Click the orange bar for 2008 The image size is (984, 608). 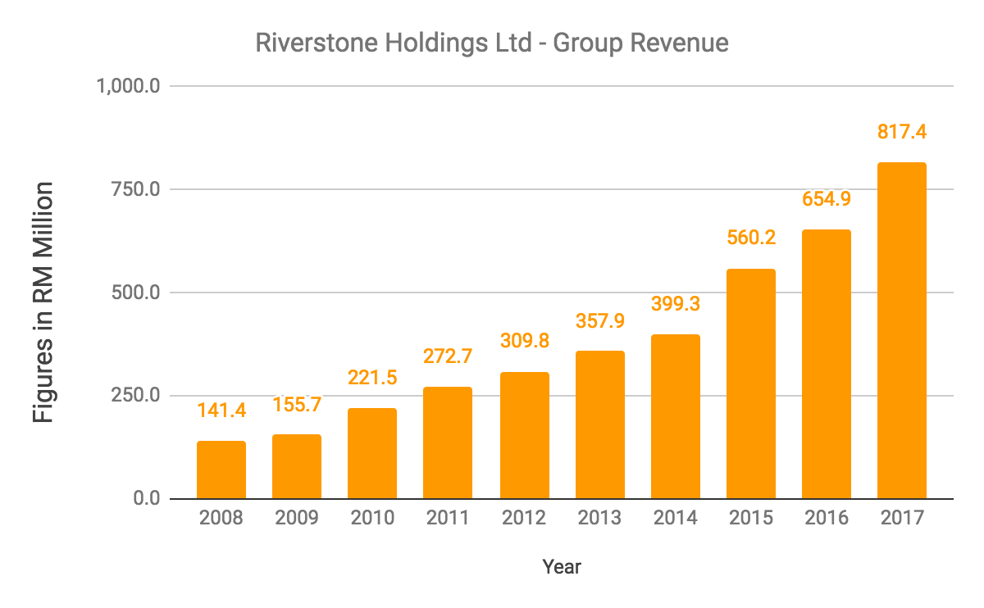(x=221, y=470)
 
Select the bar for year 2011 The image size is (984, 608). (x=448, y=443)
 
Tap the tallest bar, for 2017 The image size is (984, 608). (x=901, y=331)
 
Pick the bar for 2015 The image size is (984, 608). (x=750, y=384)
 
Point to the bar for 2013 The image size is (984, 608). (x=599, y=425)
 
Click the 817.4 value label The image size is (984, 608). (x=901, y=131)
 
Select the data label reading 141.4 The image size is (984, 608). (x=221, y=410)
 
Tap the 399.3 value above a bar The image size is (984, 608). (x=675, y=303)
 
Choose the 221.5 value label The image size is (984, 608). (x=372, y=377)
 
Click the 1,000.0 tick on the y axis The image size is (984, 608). (x=128, y=86)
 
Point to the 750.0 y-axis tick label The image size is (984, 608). (x=134, y=189)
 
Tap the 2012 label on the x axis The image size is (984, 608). (x=523, y=519)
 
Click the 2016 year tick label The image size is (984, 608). (x=826, y=519)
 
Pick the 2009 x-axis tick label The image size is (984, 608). (x=297, y=519)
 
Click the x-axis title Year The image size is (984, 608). (x=562, y=566)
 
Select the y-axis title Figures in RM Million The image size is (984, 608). (x=43, y=302)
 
